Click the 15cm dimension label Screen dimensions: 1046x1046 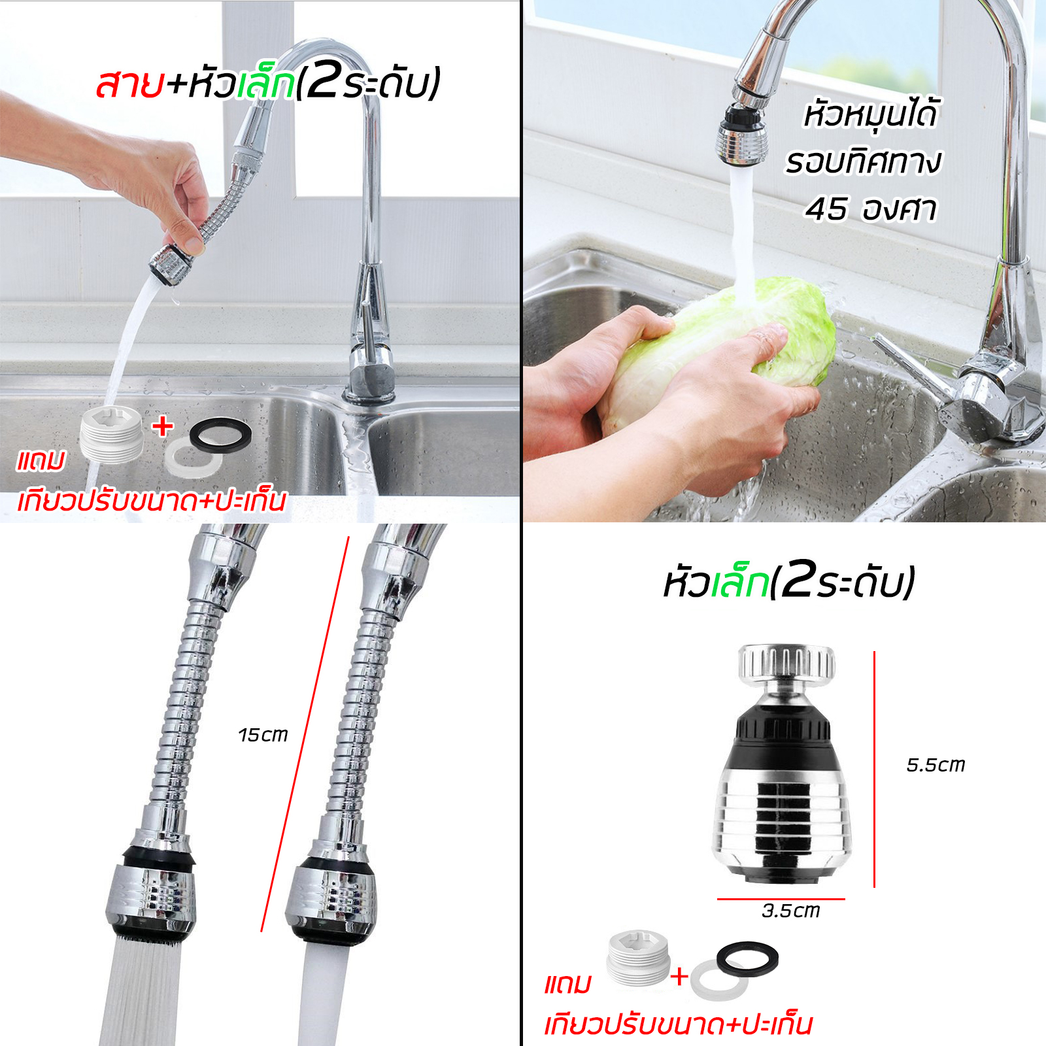(263, 735)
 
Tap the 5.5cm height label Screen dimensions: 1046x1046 (936, 765)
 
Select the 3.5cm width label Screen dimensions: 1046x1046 (790, 911)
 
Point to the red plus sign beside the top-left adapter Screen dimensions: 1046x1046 (163, 426)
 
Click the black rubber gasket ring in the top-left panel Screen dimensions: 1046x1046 (220, 435)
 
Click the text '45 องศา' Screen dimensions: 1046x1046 (871, 209)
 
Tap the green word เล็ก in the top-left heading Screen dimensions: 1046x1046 (265, 84)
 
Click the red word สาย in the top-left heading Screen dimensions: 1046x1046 (129, 84)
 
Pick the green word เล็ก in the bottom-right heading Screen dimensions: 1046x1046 (739, 582)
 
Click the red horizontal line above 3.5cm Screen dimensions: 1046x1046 (781, 899)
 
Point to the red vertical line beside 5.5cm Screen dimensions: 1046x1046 (874, 769)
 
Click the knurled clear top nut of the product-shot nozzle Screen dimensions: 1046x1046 (786, 662)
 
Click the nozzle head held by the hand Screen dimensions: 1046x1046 (171, 264)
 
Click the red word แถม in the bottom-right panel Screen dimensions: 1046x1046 (567, 984)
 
